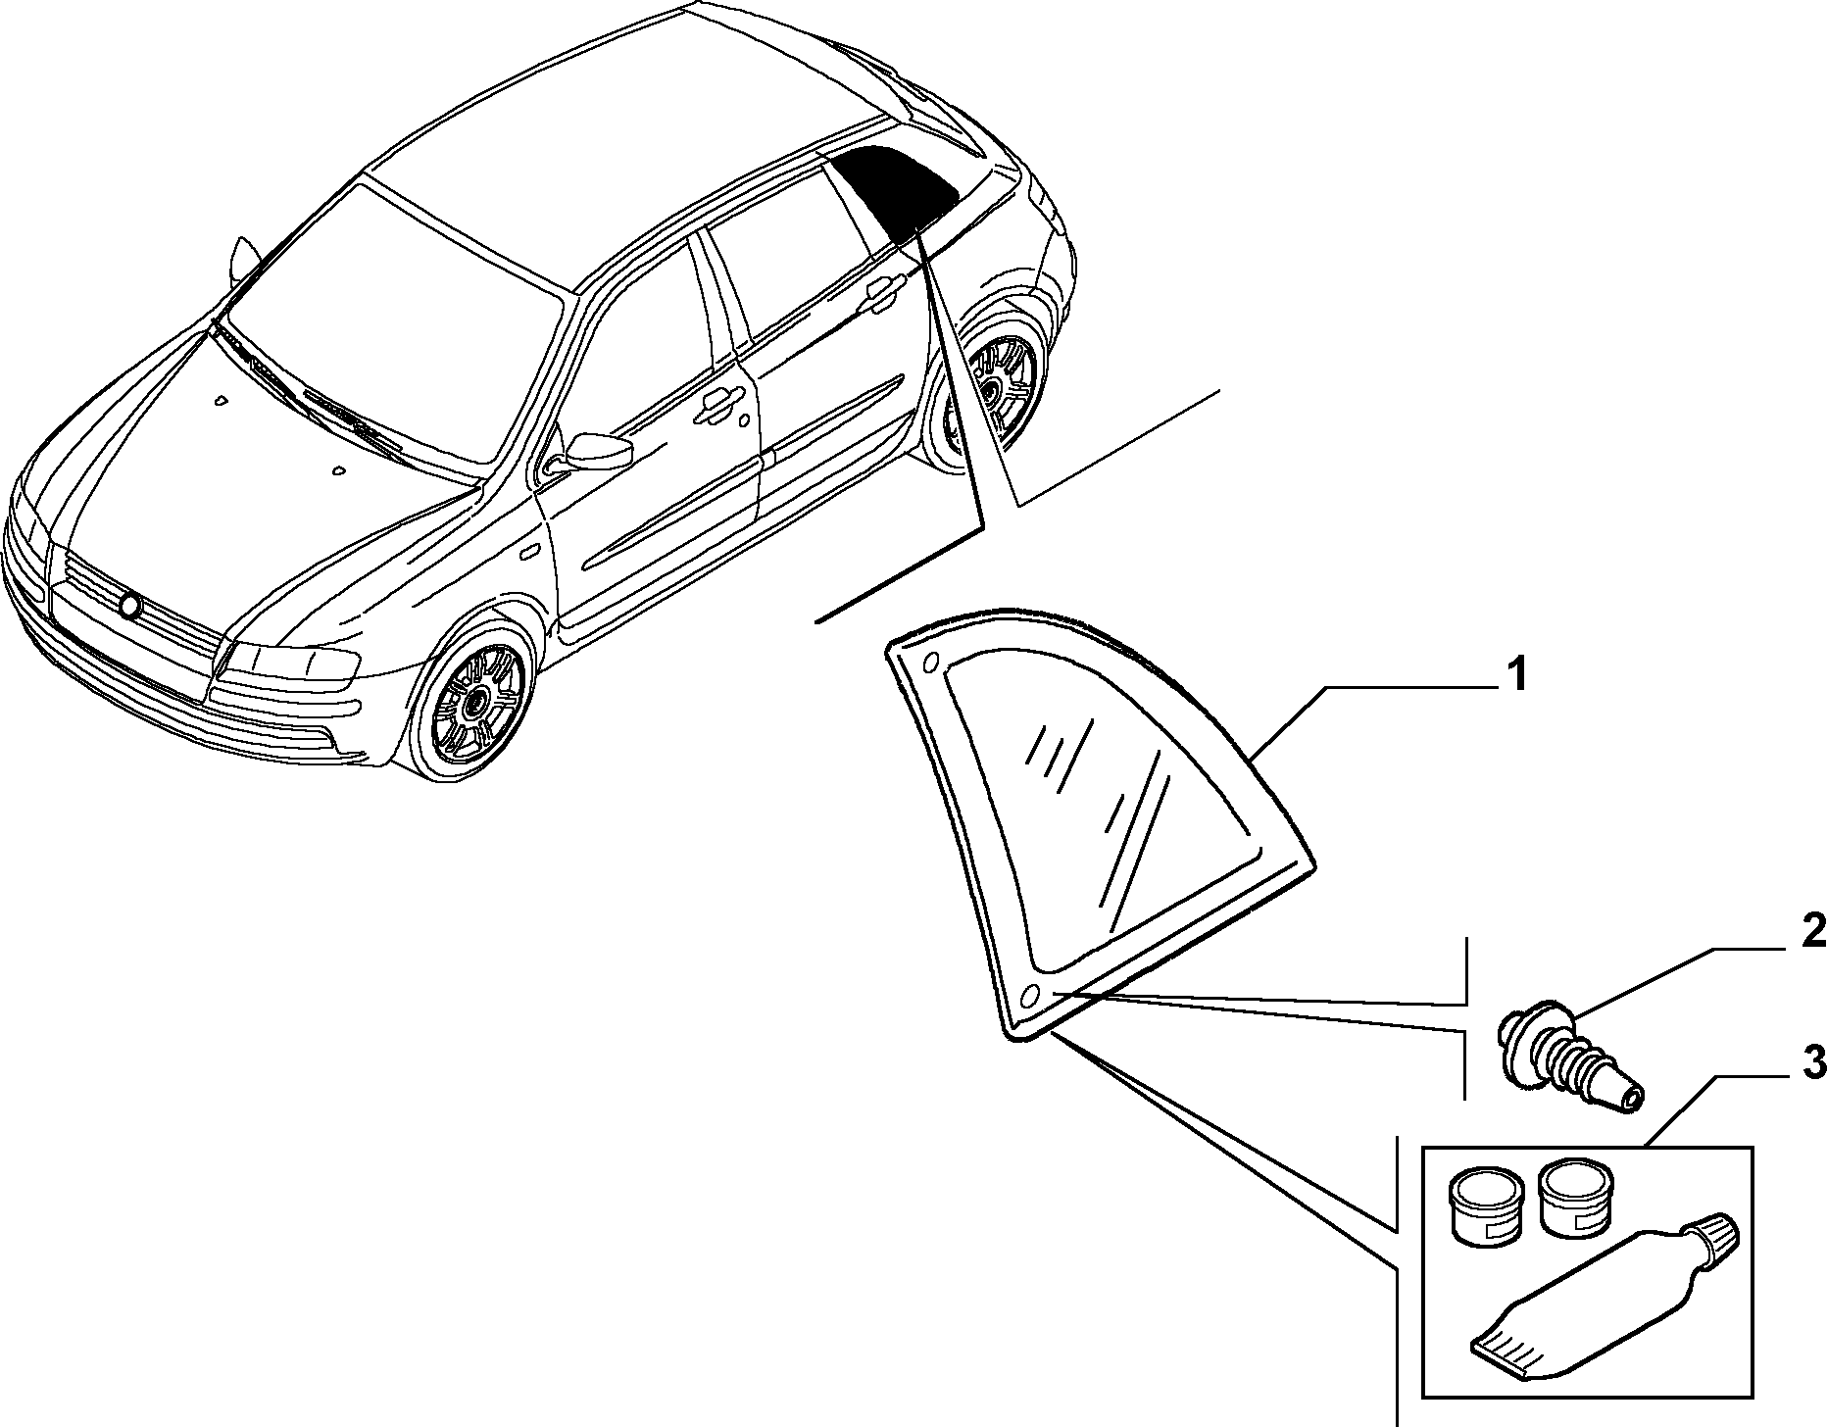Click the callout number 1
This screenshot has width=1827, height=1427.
(1515, 675)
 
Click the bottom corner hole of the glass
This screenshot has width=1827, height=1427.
(1029, 997)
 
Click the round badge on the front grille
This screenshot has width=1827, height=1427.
(129, 606)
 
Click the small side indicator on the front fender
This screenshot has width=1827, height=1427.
(529, 552)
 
